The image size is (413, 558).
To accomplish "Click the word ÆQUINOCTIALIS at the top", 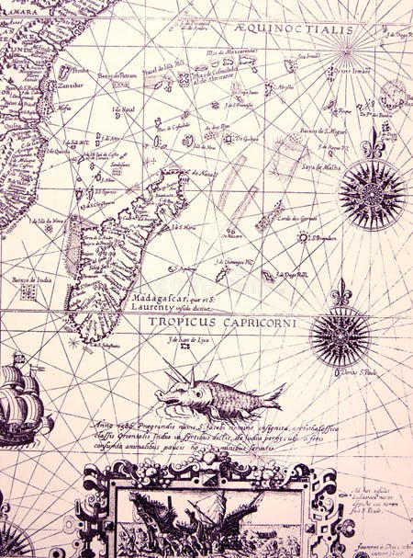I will point(307,29).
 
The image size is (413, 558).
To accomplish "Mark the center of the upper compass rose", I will point(372,194).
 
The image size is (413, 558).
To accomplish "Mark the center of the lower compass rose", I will point(340,337).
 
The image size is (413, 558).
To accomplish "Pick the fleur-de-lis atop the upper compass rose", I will point(372,143).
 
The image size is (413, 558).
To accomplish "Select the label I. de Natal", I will point(124,110).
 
